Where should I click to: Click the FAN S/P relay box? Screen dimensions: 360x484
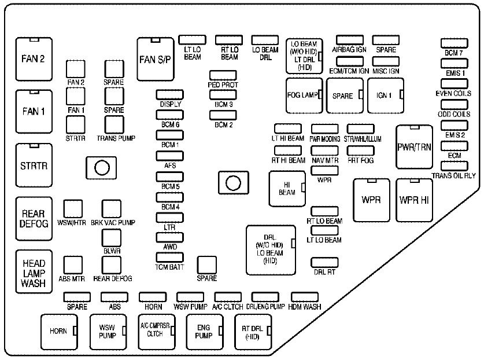(156, 60)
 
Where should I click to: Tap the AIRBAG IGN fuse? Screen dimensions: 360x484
(349, 41)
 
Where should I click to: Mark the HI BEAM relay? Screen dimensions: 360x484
(287, 189)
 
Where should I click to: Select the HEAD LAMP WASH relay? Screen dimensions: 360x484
(34, 269)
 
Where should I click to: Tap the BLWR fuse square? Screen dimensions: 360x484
(111, 238)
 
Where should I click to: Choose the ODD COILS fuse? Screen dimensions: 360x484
(454, 105)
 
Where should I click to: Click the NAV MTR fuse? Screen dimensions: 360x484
(324, 151)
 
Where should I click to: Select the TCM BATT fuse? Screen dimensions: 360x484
(169, 258)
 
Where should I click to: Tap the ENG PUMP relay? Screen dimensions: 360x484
(203, 332)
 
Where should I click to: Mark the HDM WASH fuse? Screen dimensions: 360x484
(305, 297)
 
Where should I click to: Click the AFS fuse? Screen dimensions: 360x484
(169, 156)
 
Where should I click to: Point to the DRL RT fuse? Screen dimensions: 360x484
(324, 262)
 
